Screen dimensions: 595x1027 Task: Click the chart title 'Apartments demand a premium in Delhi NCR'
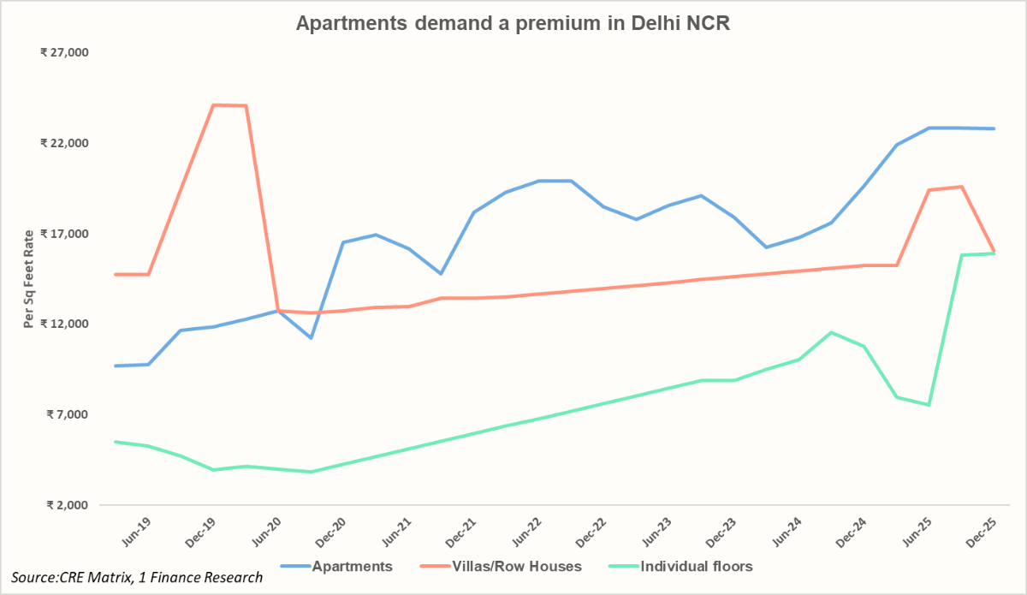(513, 23)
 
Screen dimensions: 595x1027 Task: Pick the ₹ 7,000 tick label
(67, 414)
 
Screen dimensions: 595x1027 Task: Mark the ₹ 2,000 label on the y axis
(67, 505)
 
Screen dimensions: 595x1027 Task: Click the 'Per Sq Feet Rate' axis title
(29, 278)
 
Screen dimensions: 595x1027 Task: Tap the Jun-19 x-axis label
(138, 532)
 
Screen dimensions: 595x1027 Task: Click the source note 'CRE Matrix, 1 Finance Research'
(137, 578)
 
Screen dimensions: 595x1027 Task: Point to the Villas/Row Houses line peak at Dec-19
(213, 105)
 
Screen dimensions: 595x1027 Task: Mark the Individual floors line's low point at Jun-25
(929, 404)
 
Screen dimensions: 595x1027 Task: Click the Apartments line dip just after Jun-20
(311, 338)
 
